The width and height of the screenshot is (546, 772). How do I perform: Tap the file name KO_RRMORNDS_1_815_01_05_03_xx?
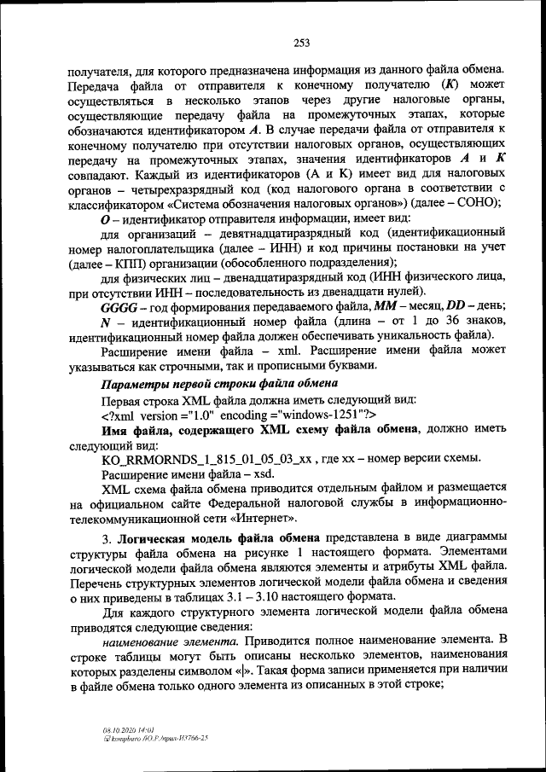[x=207, y=459]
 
